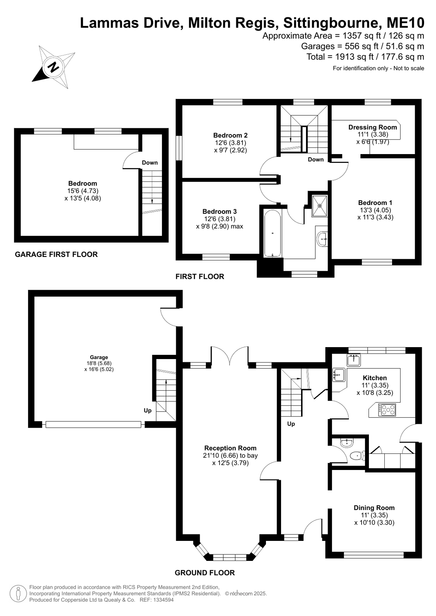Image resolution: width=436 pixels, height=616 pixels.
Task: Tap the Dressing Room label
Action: pos(372,128)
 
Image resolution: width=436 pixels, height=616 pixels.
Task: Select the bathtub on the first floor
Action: pos(273,233)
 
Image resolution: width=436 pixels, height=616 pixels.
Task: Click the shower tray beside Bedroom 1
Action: pos(320,205)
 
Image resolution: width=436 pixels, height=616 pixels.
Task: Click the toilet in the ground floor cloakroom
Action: pos(358,456)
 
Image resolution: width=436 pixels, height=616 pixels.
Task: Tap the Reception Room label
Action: pos(231,448)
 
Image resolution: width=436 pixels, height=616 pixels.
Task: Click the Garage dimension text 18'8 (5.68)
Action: pos(99,363)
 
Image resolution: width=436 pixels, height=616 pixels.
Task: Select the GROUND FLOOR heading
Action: pos(205,573)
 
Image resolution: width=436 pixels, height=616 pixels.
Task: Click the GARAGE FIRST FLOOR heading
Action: pos(56,254)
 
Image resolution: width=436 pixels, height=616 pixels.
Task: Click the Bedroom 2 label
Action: pos(231,135)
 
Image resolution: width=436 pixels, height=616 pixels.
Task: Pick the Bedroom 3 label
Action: pos(219,211)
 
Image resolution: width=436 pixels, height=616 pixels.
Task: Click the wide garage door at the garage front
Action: pos(93,424)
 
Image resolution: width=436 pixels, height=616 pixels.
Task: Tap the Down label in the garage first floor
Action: pos(150,163)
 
